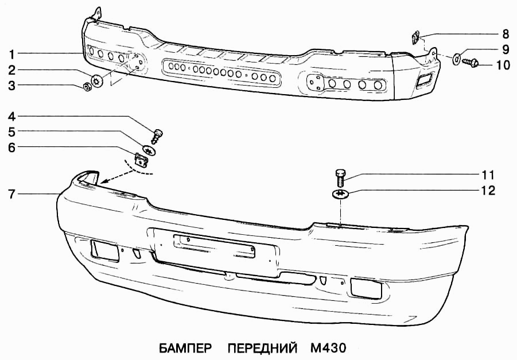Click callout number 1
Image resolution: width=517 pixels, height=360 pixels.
click(x=11, y=54)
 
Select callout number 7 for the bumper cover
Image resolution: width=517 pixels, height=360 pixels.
click(x=12, y=194)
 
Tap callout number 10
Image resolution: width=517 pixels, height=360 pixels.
click(x=503, y=65)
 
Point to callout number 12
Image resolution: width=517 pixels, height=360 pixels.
click(x=488, y=191)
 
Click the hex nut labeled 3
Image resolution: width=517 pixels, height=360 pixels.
click(x=87, y=87)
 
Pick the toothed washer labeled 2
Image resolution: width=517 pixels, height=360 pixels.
click(x=98, y=80)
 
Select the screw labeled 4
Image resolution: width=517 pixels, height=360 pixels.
click(x=158, y=136)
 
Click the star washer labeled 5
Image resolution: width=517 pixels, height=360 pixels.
click(x=149, y=150)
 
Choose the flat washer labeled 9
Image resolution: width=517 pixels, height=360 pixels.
click(x=457, y=58)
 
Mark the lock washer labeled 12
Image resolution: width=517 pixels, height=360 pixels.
click(x=340, y=194)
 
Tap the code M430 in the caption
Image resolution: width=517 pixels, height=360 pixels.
click(x=328, y=348)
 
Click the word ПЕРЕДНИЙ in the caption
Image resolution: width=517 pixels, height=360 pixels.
click(x=262, y=348)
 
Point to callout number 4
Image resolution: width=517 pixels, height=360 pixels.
click(x=12, y=117)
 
